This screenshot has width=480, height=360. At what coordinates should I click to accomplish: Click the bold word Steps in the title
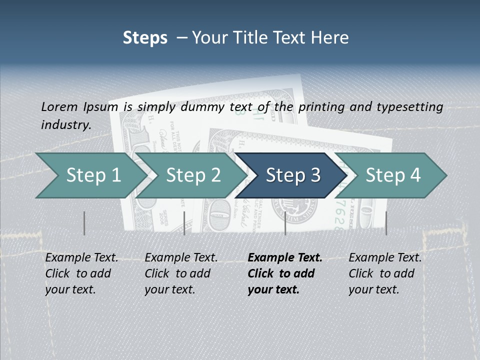[x=145, y=38]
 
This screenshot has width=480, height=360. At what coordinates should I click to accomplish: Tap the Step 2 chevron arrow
[x=193, y=175]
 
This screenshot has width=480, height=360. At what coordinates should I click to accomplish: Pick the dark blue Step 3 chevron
[x=292, y=175]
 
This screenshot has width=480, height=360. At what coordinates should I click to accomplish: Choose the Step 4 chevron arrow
[x=393, y=175]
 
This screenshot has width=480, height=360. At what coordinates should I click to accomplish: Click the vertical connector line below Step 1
[x=84, y=223]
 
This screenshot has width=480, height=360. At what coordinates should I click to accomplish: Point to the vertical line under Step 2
[x=184, y=223]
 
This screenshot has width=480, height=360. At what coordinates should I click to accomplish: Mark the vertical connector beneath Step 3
[x=285, y=223]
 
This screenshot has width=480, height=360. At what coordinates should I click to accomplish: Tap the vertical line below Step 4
[x=386, y=223]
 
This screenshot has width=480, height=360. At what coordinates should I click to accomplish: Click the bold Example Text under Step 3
[x=285, y=273]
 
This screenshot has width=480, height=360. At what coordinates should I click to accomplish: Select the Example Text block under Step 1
[x=81, y=273]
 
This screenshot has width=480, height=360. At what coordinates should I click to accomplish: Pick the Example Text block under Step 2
[x=181, y=273]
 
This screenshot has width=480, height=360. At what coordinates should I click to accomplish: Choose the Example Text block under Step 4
[x=385, y=273]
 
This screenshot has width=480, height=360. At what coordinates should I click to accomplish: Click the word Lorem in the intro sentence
[x=59, y=106]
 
